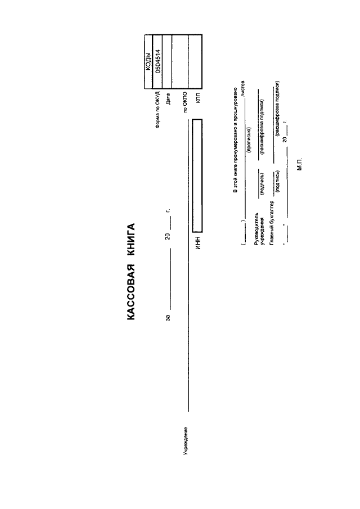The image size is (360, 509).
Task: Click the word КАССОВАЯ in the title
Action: pos(131,292)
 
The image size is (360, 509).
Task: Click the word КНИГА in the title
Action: pos(131,238)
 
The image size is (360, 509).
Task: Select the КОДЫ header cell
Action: pos(148,61)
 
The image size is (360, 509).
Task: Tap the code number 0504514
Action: pos(157,61)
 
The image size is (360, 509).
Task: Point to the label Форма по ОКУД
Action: pos(157,110)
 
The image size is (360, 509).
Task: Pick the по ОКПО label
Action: pos(185,102)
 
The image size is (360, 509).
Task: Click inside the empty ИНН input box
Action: pos(197,175)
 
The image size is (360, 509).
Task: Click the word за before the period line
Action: pos(168,317)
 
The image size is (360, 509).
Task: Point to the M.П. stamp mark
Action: pos(299,164)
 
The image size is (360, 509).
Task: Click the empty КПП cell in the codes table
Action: pos(195,61)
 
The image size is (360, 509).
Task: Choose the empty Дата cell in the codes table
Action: pos(166,61)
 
